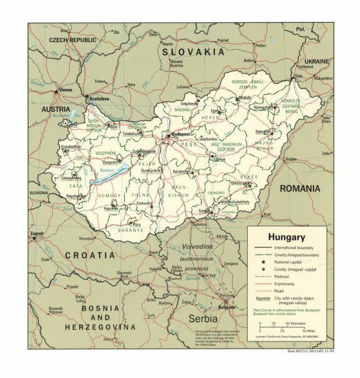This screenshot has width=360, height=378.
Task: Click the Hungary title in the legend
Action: [286, 237]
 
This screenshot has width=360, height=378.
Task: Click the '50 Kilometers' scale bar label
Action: [297, 324]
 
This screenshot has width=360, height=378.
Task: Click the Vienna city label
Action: [65, 90]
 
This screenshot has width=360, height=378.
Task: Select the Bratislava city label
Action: [99, 99]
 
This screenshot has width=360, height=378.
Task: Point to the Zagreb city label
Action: [37, 234]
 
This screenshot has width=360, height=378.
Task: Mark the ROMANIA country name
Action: [300, 188]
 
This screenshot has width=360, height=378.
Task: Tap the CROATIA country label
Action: [89, 256]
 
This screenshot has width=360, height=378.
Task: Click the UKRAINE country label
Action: [317, 61]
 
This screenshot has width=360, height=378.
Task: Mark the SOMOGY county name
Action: [109, 196]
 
